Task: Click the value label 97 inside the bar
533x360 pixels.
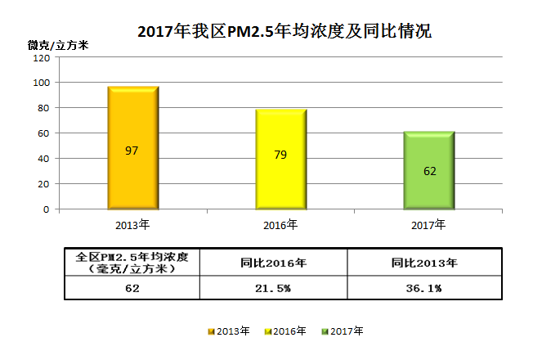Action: click(132, 151)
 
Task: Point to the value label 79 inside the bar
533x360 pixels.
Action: click(280, 155)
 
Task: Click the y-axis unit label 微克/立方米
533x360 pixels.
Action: click(58, 44)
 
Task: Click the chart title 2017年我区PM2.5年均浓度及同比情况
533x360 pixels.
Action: click(284, 31)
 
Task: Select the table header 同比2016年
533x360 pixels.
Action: click(274, 263)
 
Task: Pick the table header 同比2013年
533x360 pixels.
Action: click(424, 263)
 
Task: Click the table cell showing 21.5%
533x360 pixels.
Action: click(274, 288)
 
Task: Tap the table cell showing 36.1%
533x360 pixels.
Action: click(424, 288)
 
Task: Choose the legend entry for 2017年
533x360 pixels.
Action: click(343, 331)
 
